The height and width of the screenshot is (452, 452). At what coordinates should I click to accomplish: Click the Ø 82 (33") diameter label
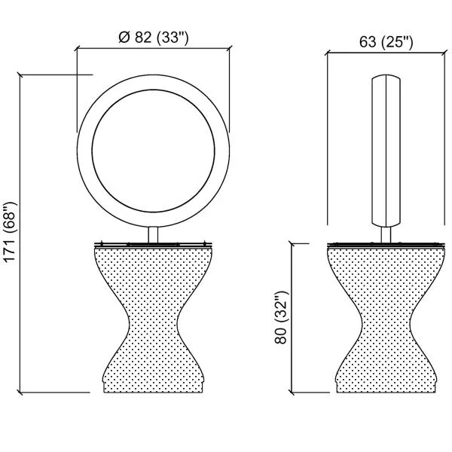point(154,38)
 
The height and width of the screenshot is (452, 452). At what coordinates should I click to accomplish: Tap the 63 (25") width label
point(386,41)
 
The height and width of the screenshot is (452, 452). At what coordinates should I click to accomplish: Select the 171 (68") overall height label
point(10,232)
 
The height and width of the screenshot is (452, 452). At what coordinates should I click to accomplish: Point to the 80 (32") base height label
point(281,317)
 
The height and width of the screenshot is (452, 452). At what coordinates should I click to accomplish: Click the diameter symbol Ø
point(124,37)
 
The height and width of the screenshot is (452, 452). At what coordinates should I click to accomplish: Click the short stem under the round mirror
point(153,235)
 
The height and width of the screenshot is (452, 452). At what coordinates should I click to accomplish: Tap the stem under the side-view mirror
point(386,235)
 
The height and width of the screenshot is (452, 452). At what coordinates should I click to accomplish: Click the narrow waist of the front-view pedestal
point(153,319)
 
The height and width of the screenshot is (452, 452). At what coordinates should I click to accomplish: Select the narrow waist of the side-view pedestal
point(386,319)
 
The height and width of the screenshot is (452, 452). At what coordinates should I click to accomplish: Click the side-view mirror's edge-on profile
point(386,151)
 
